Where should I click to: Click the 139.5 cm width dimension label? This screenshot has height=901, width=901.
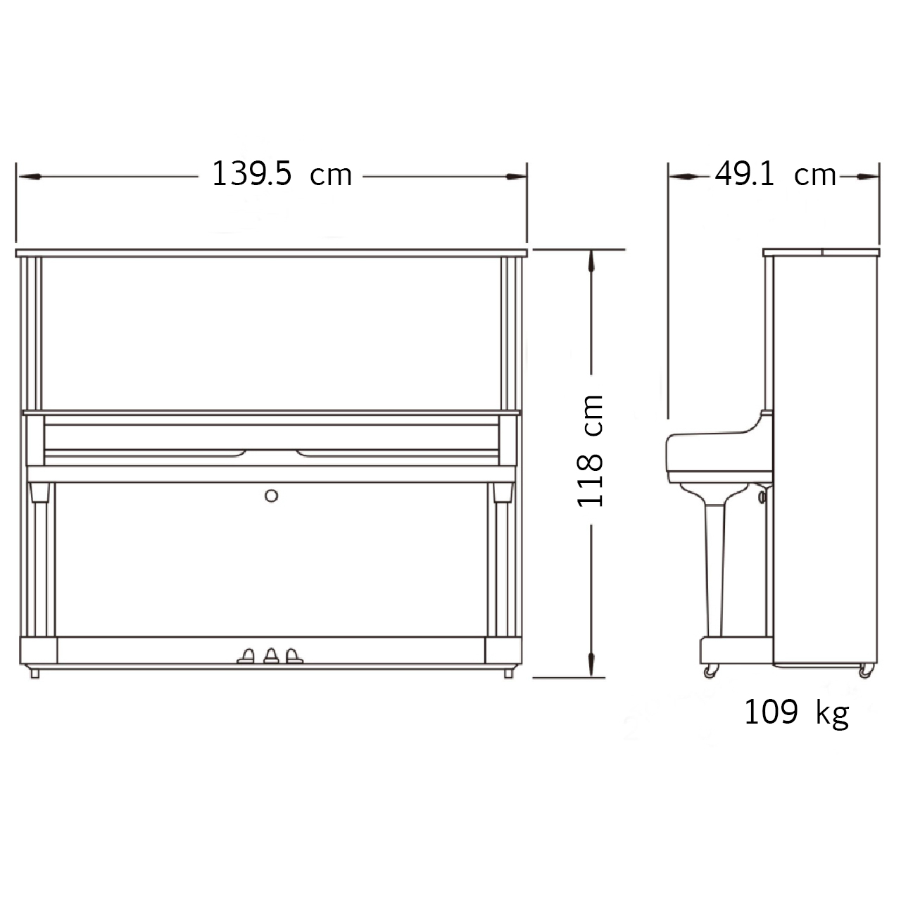[x=282, y=174]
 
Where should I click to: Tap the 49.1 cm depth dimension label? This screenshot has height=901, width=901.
[x=775, y=174]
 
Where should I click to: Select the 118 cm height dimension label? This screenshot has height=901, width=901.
[x=591, y=450]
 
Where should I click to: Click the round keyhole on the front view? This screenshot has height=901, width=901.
[x=271, y=496]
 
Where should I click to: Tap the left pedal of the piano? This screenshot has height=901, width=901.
[x=246, y=656]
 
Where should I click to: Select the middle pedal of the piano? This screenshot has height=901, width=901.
[x=271, y=656]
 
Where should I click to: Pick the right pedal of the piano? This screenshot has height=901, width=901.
[x=294, y=656]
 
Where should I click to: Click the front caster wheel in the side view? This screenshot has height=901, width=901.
[x=710, y=672]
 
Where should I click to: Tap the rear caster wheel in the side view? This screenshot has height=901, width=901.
[x=866, y=672]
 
